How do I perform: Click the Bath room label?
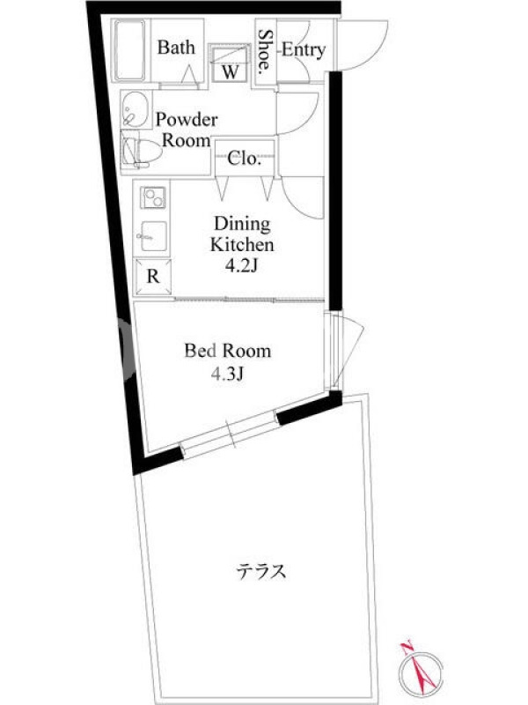176,48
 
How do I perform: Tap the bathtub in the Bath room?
130,49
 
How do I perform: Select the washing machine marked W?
230,63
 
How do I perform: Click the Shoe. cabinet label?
266,51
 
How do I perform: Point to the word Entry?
304,50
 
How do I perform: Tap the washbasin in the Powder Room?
136,109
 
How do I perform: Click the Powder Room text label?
186,130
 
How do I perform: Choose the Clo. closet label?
245,159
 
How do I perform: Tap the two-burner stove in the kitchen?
153,197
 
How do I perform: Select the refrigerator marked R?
153,276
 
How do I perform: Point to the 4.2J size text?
241,266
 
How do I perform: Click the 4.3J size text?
227,373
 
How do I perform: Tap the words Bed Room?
228,351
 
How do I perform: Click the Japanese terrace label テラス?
261,571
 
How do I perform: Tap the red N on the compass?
407,649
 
